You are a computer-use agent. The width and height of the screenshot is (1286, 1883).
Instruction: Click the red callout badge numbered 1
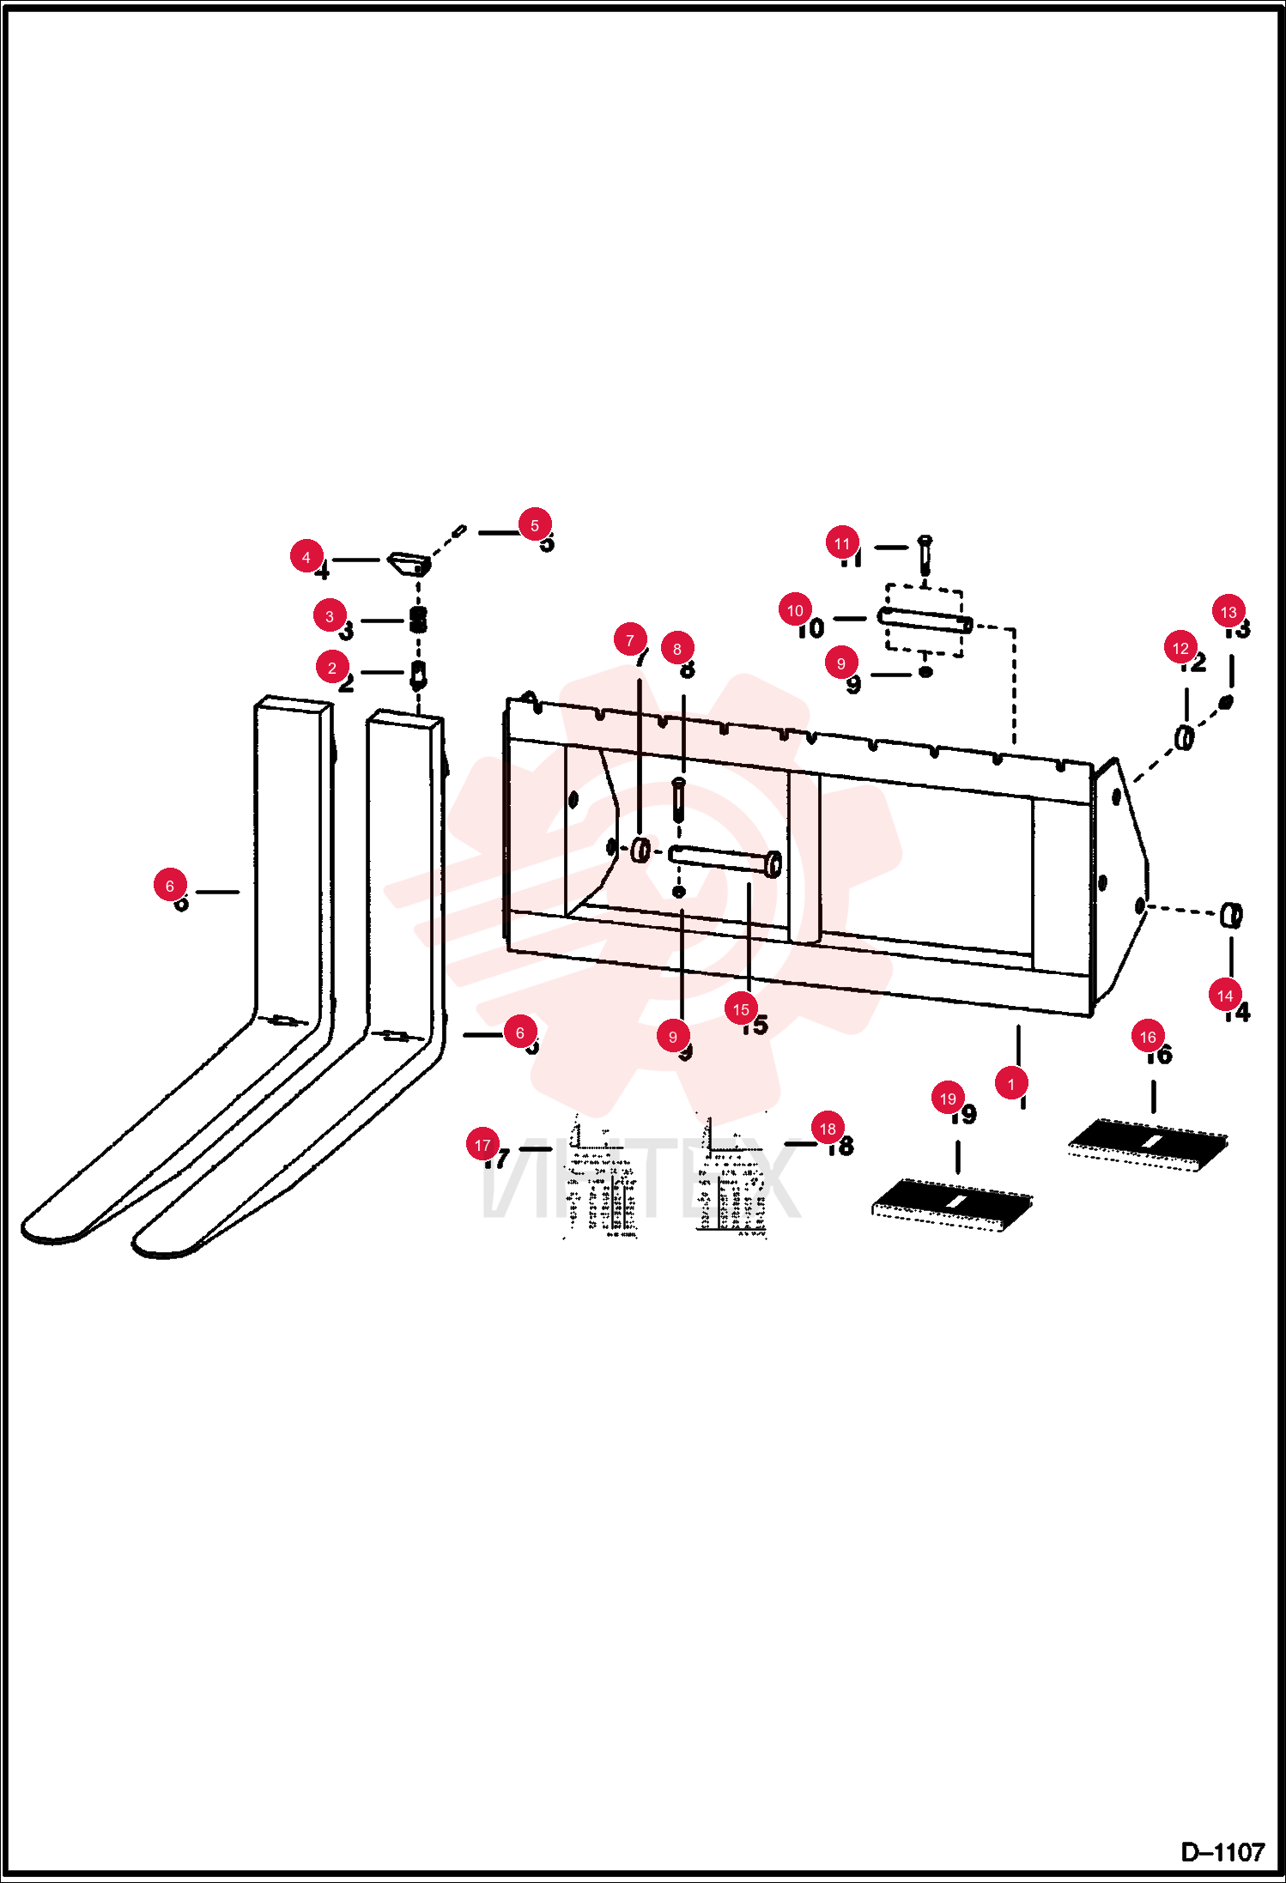pyautogui.click(x=1011, y=1084)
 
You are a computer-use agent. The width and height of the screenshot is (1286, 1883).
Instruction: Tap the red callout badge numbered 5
pyautogui.click(x=535, y=524)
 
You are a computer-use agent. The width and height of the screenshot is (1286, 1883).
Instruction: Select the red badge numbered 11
pyautogui.click(x=842, y=543)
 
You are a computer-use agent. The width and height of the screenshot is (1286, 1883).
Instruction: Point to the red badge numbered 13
pyautogui.click(x=1228, y=612)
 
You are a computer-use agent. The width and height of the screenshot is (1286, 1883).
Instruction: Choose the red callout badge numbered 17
pyautogui.click(x=482, y=1145)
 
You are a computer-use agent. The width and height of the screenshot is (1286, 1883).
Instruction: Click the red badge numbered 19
pyautogui.click(x=948, y=1099)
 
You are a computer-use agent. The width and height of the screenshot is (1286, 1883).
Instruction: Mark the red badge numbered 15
pyautogui.click(x=741, y=1009)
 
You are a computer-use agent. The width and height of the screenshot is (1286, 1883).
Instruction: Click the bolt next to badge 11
pyautogui.click(x=925, y=556)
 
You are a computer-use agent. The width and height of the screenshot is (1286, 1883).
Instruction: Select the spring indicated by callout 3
pyautogui.click(x=418, y=620)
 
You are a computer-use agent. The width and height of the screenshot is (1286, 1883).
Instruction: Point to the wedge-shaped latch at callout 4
pyautogui.click(x=409, y=564)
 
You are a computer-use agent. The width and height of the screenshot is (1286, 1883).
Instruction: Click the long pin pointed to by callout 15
pyautogui.click(x=725, y=860)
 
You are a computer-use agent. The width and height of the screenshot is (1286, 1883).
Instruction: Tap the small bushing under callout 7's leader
pyautogui.click(x=640, y=850)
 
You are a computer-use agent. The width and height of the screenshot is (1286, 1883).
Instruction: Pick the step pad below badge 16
pyautogui.click(x=1148, y=1144)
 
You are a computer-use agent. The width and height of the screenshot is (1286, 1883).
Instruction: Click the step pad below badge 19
pyautogui.click(x=952, y=1205)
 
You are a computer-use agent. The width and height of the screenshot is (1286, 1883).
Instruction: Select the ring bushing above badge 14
pyautogui.click(x=1231, y=916)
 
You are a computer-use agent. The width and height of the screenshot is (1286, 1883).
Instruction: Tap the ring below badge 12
pyautogui.click(x=1185, y=737)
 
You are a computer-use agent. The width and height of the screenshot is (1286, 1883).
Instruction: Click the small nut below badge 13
pyautogui.click(x=1226, y=702)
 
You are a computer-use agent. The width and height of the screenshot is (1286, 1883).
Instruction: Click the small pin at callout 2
pyautogui.click(x=418, y=675)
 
